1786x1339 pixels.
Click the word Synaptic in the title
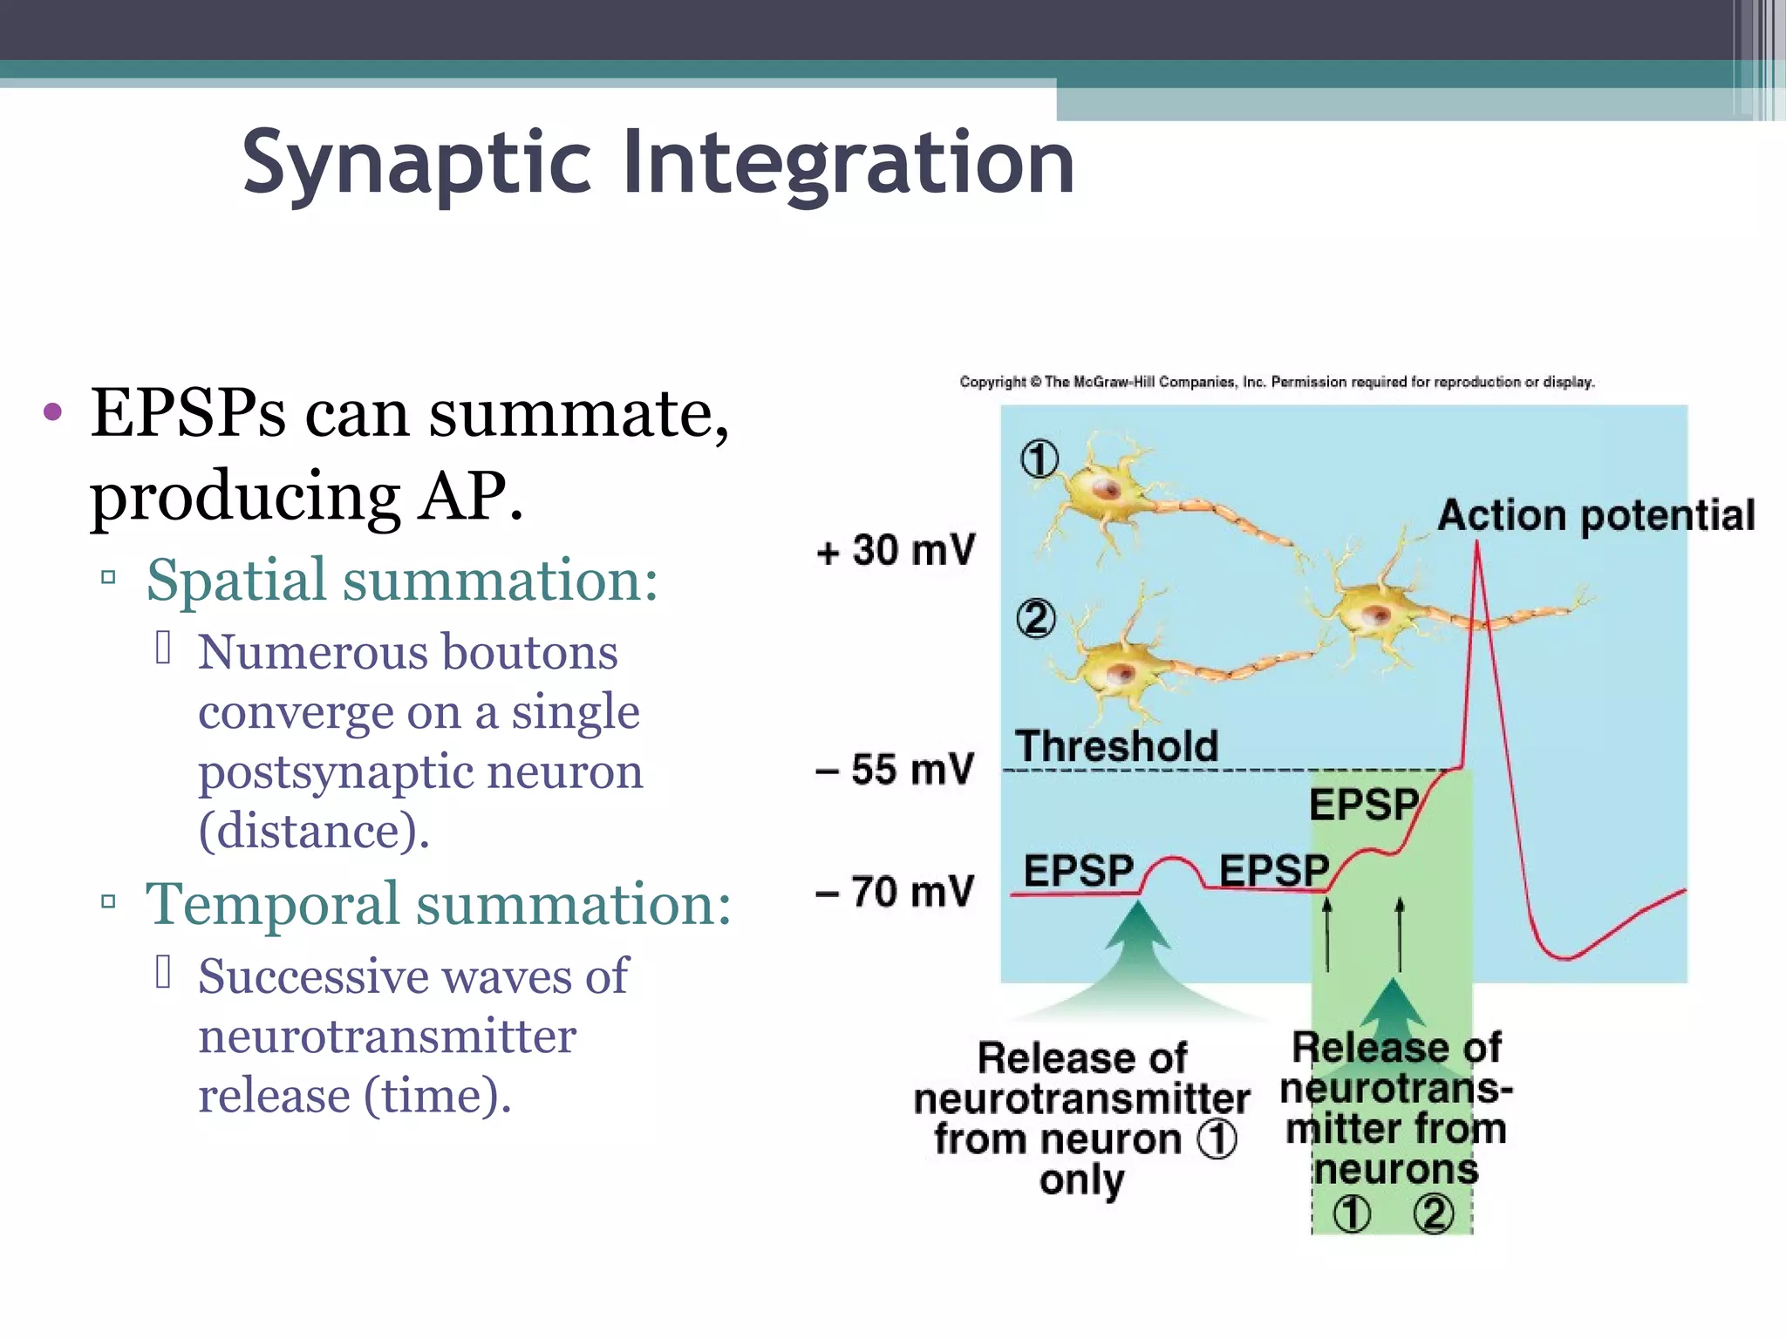pos(418,163)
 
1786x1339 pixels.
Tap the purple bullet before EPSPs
pos(52,412)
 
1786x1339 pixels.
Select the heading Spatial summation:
pos(401,580)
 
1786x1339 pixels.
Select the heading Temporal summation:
pos(438,904)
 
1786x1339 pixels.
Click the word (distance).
pos(314,831)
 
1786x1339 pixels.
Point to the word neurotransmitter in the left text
pos(386,1037)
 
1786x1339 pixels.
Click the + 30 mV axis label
pos(896,551)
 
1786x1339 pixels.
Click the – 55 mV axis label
pos(895,770)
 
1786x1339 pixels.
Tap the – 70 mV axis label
pos(895,892)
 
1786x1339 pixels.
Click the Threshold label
pos(1116,746)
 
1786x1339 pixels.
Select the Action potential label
pos(1596,515)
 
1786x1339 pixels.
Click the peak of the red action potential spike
pos(1477,545)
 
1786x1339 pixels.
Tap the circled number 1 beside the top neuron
pos(1040,459)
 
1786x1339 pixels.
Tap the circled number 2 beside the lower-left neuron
pos(1036,619)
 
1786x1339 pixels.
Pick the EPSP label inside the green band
pos(1364,804)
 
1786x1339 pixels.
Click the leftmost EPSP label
pos(1078,870)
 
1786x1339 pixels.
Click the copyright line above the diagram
pos(1277,382)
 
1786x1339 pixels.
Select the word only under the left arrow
pos(1081,1180)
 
